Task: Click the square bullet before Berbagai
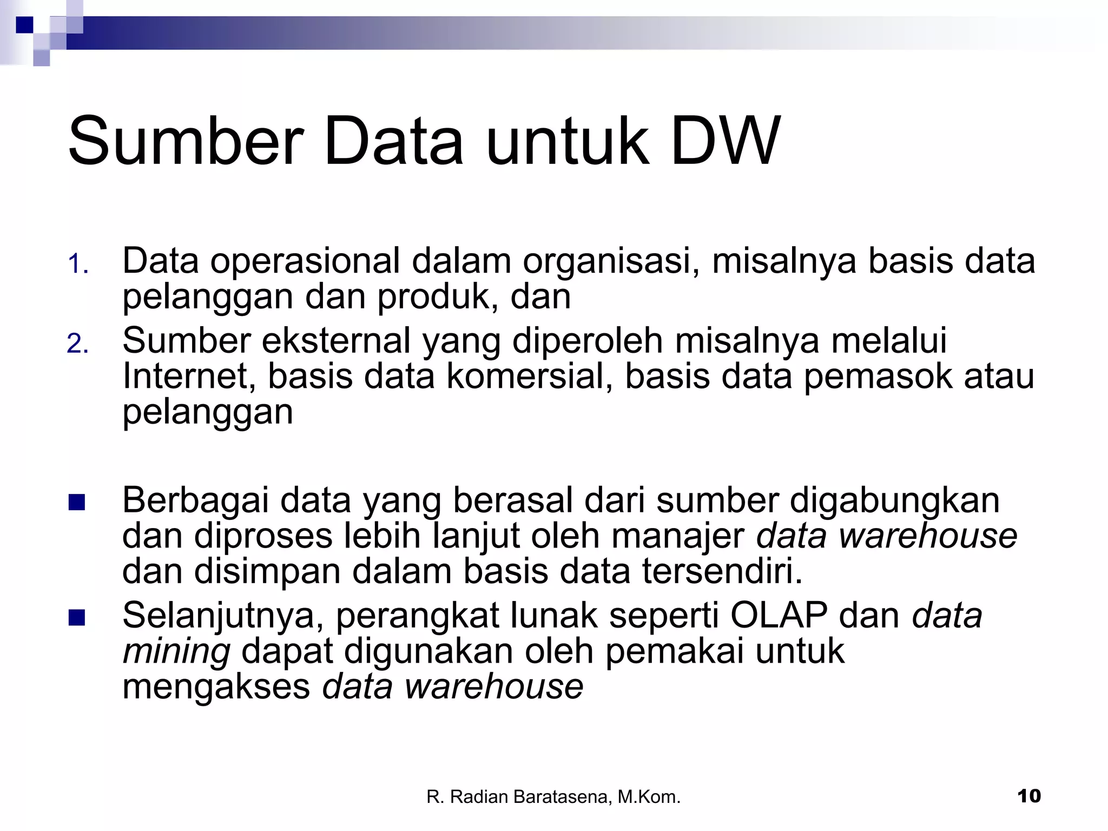77,503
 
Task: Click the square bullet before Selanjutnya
77,617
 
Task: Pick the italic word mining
176,652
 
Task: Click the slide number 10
1028,796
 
